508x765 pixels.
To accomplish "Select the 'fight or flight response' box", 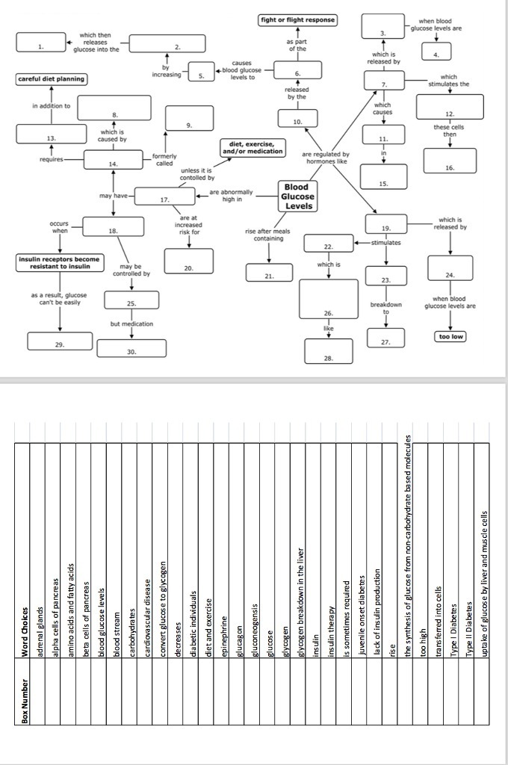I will (297, 19).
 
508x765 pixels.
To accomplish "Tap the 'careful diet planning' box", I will (51, 79).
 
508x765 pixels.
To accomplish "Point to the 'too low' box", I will (450, 337).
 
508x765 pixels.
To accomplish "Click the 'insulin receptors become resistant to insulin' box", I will (58, 262).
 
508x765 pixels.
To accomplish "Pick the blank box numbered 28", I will (328, 351).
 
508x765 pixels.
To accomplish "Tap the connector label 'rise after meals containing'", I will (267, 235).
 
